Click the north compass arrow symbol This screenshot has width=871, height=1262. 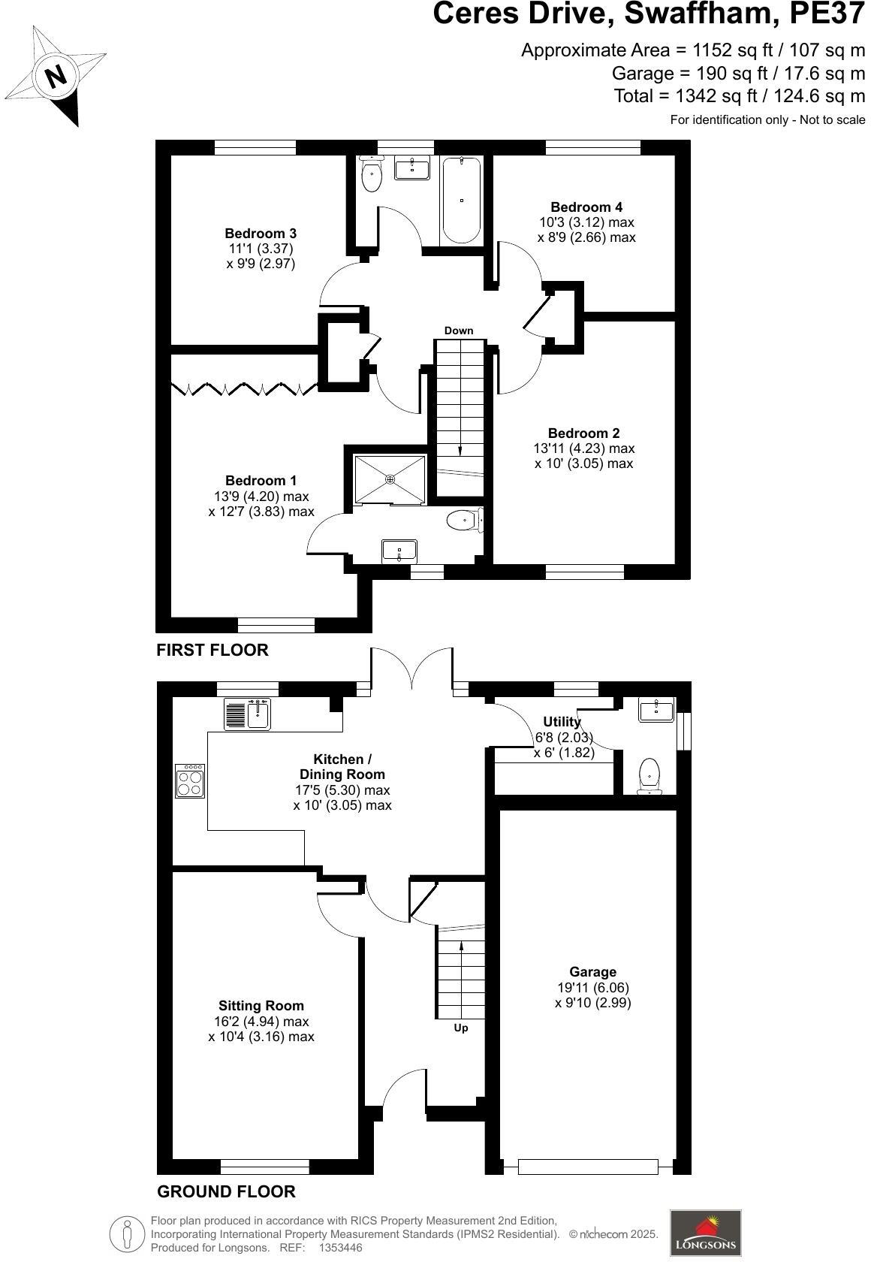coord(56,76)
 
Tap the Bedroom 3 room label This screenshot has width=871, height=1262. coord(261,234)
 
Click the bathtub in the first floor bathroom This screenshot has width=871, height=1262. coord(461,199)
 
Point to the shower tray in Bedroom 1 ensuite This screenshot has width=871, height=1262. coord(390,479)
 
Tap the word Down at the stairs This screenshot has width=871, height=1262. coord(459,331)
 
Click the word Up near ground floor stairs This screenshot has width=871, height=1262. coord(461,1028)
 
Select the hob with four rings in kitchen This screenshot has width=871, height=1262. coord(190,780)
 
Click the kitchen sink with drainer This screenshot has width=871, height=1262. coord(247,714)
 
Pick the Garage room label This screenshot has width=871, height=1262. coord(592,972)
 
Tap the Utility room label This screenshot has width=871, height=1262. coord(562,722)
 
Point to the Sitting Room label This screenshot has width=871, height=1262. coord(261,1006)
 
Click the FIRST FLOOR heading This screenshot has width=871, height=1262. coord(212,651)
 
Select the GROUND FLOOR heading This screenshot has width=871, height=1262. coord(225,1191)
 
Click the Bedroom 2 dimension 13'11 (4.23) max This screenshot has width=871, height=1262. coord(584,448)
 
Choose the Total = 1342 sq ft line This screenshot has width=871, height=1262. coord(739,96)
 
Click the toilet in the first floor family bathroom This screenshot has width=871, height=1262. coord(371,176)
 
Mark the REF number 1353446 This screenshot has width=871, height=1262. coord(341,1248)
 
